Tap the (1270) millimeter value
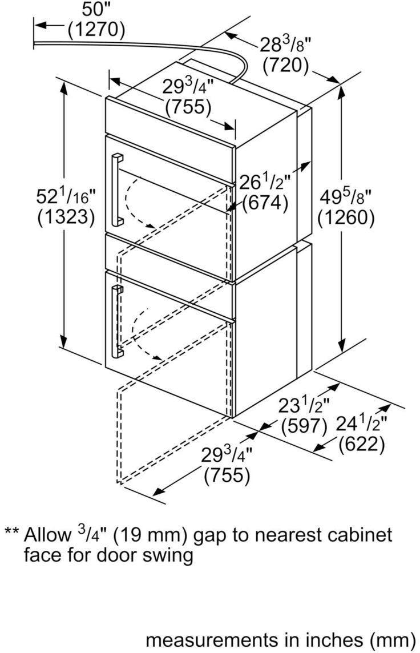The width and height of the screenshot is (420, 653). point(96,30)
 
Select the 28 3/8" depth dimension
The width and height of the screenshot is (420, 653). point(286,45)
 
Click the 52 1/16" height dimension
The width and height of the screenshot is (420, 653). point(66,196)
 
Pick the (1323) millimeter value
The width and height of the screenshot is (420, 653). point(66,217)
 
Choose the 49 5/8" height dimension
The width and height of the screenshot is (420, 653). point(345,196)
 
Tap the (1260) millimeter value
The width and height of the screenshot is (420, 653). point(346,218)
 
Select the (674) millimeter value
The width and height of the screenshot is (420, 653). point(265,203)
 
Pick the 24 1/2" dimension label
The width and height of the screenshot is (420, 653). point(361,424)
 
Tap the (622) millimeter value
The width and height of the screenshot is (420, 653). point(361,445)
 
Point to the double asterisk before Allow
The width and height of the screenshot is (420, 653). point(11,531)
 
